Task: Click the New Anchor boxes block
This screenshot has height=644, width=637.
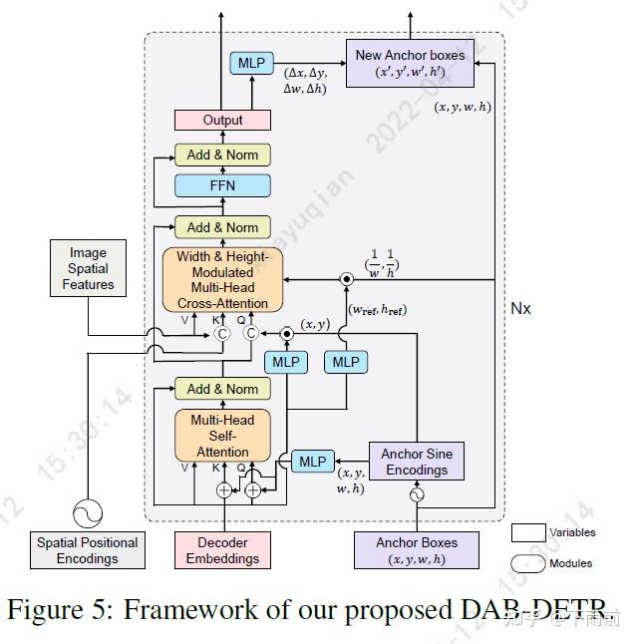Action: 410,63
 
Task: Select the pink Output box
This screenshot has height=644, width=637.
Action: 222,120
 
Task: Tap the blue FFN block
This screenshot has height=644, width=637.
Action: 222,185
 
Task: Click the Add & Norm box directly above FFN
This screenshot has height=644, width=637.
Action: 222,155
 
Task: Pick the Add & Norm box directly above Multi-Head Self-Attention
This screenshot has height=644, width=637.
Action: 222,389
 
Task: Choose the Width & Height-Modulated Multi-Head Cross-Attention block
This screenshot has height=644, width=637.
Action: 222,280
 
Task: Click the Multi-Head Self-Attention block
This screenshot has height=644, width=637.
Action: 222,436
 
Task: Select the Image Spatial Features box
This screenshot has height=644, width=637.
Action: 88,269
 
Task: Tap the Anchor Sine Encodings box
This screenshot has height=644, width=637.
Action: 417,462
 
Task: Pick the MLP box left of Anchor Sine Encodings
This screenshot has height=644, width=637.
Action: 312,462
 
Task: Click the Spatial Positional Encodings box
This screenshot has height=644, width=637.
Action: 88,550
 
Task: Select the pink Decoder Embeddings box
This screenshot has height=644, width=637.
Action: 222,550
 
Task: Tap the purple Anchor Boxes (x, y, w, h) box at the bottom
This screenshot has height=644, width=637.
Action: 417,550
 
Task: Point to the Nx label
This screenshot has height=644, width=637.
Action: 520,308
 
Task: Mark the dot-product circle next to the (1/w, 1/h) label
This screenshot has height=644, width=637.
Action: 347,280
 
